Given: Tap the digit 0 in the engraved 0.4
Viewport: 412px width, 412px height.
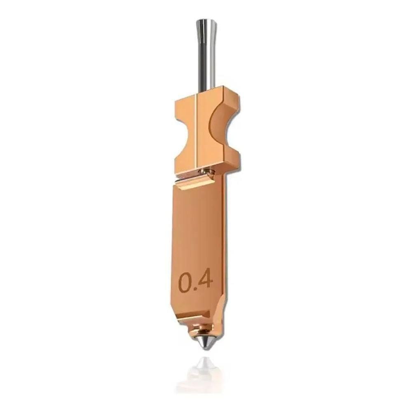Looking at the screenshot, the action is pyautogui.click(x=185, y=282).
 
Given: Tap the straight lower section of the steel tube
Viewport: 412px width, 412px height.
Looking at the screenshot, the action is pyautogui.click(x=206, y=66).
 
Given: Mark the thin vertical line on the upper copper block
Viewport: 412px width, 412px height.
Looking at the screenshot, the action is pyautogui.click(x=196, y=131).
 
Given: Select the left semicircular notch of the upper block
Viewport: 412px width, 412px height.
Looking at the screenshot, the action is pyautogui.click(x=183, y=131).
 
